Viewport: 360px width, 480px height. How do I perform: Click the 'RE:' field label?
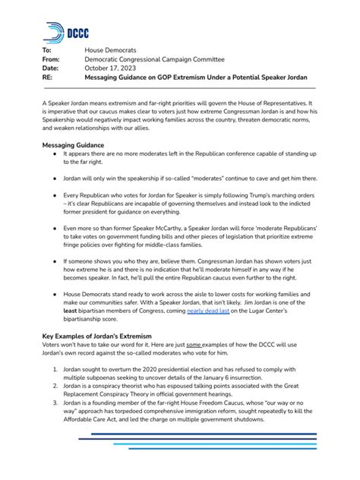click(48, 77)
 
